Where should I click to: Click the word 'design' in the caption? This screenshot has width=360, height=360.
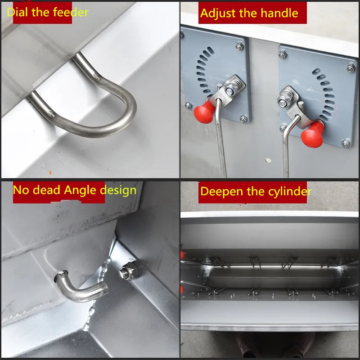(x=117, y=190)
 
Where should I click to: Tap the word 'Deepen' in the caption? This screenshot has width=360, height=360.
(x=220, y=191)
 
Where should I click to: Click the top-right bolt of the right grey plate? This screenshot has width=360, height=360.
(x=350, y=68)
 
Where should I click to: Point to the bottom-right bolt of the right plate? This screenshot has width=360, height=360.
(x=346, y=144)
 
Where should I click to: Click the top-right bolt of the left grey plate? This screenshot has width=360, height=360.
(x=239, y=46)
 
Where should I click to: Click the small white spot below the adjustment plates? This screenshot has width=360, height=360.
(x=269, y=159)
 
